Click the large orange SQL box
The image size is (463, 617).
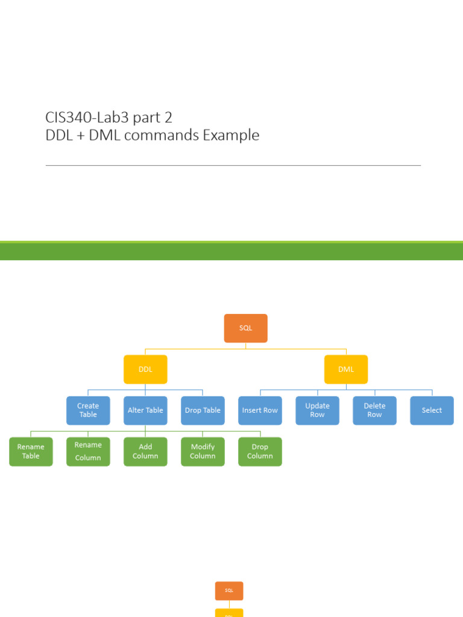[245, 328]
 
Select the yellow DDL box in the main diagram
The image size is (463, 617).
[145, 369]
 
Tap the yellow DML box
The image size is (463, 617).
[346, 369]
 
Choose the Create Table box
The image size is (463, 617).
[88, 410]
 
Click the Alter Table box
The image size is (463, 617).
[145, 410]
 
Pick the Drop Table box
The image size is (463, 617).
[203, 410]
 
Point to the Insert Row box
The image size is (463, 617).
[260, 410]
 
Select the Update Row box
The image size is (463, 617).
[317, 410]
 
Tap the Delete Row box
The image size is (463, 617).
[374, 410]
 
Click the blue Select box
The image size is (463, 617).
[432, 410]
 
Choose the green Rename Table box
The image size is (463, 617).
[31, 451]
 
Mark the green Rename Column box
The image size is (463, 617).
[88, 451]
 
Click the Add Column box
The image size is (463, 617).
[145, 451]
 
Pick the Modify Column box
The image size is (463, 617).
[203, 451]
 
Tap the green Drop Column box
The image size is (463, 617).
[260, 451]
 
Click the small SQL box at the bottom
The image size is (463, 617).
[229, 591]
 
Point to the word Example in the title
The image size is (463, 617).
[231, 136]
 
